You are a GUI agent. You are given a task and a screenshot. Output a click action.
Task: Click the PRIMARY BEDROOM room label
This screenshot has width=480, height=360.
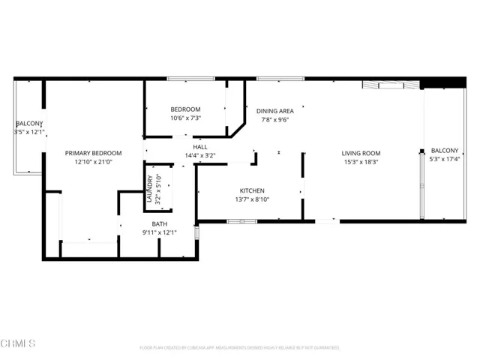93,153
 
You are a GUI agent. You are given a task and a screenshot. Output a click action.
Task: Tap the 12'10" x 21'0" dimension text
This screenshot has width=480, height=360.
93,162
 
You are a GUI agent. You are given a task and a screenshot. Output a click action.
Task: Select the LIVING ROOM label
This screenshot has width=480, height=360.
361,153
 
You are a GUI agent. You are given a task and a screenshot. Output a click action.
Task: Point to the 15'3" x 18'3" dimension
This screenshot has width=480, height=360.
361,162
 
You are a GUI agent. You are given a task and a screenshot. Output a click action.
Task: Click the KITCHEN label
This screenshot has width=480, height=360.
251,190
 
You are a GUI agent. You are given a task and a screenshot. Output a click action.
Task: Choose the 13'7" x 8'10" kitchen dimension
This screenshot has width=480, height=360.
251,199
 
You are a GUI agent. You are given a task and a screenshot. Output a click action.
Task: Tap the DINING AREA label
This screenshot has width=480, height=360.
274,110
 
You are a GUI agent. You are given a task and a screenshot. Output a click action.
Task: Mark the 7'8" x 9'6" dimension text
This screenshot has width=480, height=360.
274,119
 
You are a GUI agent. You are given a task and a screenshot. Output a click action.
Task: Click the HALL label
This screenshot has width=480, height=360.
200,147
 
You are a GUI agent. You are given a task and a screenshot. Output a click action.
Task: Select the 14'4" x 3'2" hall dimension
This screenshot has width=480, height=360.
200,156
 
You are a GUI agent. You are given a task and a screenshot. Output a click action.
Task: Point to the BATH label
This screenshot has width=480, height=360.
159,223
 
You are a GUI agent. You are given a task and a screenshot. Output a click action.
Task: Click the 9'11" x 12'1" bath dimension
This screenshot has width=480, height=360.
159,232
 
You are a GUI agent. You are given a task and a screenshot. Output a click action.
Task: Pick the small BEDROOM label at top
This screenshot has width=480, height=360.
185,109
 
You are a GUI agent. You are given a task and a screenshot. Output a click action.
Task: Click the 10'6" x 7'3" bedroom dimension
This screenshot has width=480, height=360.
185,118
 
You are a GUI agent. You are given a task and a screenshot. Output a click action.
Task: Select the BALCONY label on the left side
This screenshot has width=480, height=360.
29,123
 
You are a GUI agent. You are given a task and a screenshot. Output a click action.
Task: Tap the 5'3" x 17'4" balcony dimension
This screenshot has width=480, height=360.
442,159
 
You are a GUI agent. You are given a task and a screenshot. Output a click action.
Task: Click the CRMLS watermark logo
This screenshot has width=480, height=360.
19,344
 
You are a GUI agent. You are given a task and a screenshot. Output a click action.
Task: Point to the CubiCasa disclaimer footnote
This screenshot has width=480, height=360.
240,348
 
